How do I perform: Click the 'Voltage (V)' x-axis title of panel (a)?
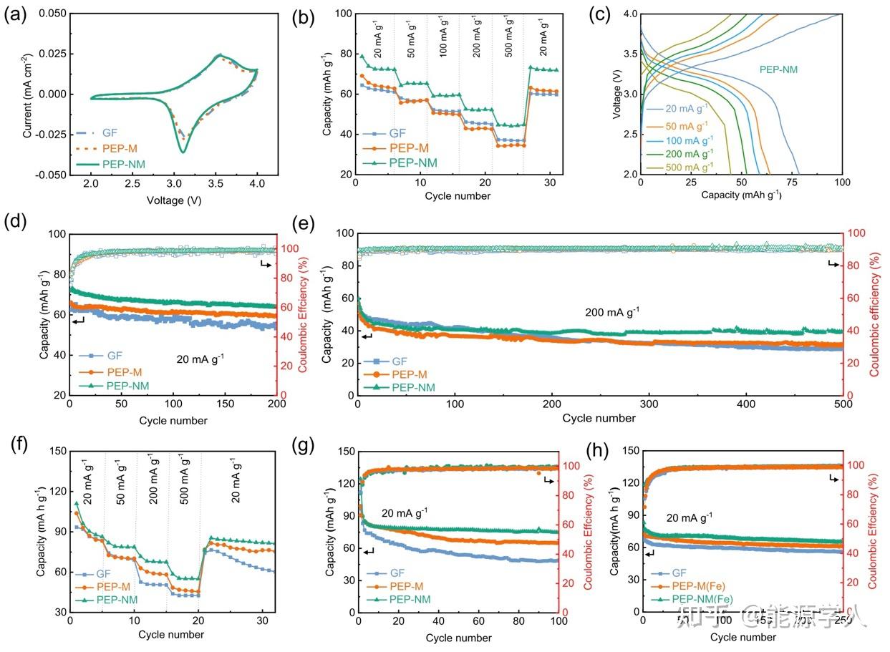pos(174,201)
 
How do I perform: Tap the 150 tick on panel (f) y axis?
pos(55,451)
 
